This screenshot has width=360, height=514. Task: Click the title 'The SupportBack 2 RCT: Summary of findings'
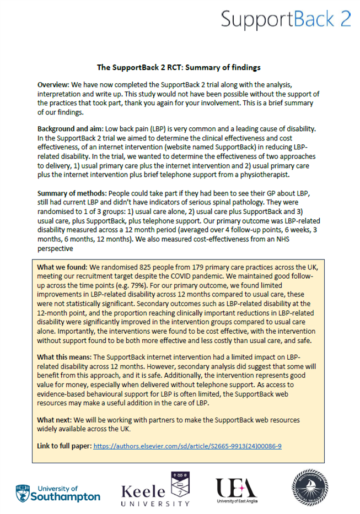[178, 68]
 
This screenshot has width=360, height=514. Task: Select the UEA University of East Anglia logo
[237, 489]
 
